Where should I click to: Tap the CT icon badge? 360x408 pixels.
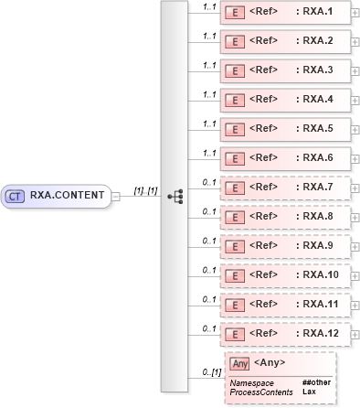[x=15, y=195]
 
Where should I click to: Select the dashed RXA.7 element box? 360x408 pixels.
[x=285, y=188]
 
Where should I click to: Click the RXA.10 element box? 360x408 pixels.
[x=285, y=275]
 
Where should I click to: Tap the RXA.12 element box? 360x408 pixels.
[x=285, y=334]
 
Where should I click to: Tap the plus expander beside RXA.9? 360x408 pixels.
[x=355, y=246]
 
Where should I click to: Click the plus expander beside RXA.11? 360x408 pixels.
[x=355, y=305]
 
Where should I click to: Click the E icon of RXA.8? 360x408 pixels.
[x=234, y=218]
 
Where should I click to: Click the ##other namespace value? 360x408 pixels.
[x=316, y=382]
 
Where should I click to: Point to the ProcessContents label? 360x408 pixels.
[x=261, y=392]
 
